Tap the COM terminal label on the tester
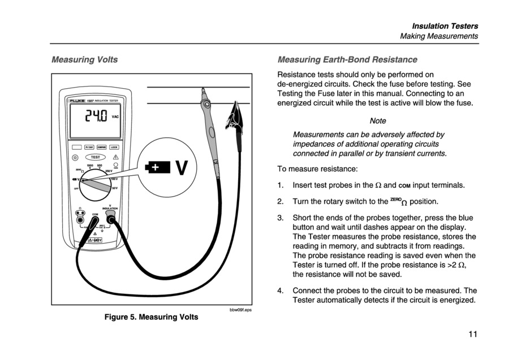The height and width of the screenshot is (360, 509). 96,214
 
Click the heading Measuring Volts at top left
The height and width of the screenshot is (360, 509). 84,59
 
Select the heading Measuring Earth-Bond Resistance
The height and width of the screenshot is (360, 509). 347,59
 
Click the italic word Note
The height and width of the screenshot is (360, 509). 377,120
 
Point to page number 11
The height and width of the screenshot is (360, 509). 472,333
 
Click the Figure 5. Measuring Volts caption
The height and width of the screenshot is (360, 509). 152,316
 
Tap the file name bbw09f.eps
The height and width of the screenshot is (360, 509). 240,309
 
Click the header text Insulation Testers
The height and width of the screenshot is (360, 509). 445,26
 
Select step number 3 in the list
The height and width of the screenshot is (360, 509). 280,218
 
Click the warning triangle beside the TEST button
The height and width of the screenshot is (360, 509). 116,157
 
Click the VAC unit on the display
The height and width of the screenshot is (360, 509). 115,117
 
